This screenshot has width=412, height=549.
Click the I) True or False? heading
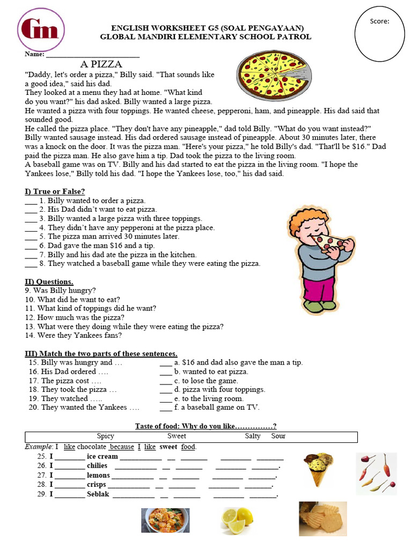55,191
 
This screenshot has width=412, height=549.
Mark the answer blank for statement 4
31,227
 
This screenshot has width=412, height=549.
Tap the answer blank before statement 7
31,255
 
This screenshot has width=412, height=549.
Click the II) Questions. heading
49,281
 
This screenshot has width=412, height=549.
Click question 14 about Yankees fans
73,336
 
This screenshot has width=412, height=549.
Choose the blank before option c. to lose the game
166,381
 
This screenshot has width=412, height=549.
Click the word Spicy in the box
105,436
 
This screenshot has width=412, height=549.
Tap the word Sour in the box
278,436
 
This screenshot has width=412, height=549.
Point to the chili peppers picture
376,473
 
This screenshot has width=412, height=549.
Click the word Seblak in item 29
98,494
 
